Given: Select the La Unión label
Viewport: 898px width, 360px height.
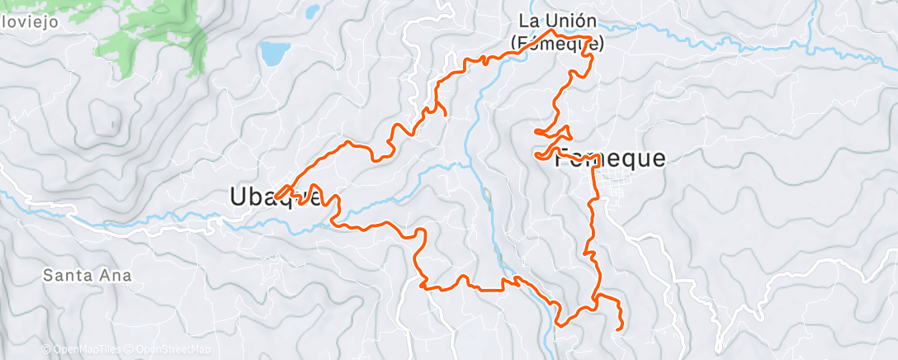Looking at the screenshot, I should pyautogui.click(x=557, y=20).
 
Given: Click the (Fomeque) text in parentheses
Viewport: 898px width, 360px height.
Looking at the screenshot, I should pyautogui.click(x=557, y=45).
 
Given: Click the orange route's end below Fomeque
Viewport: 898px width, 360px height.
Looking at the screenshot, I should pyautogui.click(x=620, y=329).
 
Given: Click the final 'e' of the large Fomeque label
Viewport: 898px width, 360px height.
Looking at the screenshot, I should pyautogui.click(x=657, y=160).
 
